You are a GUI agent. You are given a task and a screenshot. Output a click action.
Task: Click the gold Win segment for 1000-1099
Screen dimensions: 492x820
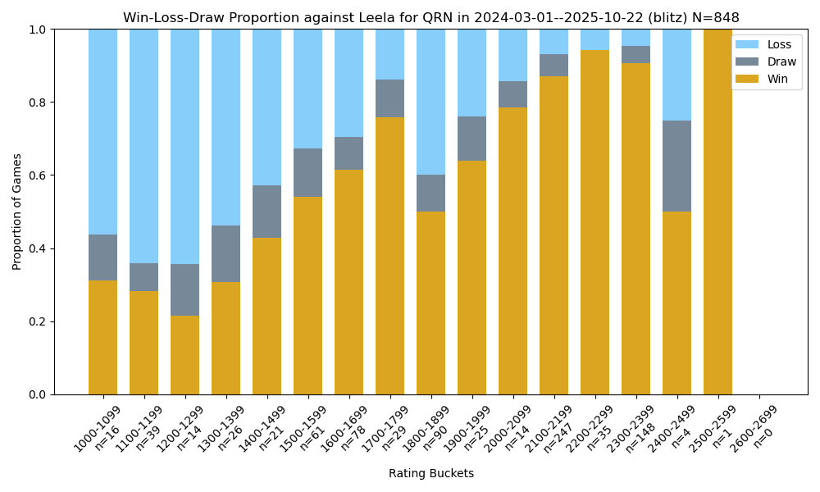pos(102,337)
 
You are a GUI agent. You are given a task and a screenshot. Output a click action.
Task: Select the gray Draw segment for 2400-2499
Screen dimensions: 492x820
pos(676,166)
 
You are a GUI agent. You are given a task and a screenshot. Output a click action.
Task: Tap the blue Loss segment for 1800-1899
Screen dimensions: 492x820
pos(430,102)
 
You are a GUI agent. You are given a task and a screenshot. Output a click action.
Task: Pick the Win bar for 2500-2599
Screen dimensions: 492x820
pos(717,212)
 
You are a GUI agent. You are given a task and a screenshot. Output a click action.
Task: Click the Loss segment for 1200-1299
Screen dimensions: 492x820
pos(184,147)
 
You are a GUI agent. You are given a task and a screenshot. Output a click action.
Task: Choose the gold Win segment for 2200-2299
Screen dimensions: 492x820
pos(594,222)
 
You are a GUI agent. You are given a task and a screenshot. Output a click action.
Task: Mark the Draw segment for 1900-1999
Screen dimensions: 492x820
pos(471,139)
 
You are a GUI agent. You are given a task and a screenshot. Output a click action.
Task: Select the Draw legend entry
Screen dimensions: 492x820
pos(766,61)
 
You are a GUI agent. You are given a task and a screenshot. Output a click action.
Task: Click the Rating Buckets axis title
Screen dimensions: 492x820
pos(430,473)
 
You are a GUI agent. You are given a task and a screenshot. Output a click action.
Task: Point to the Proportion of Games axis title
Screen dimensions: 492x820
pos(17,212)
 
